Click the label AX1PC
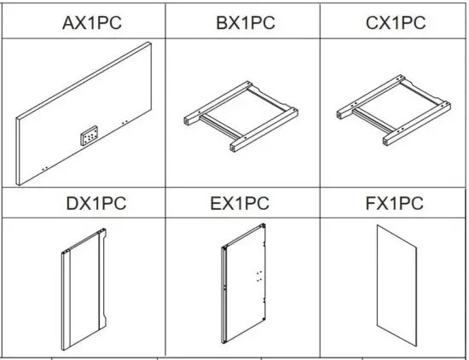coord(92,22)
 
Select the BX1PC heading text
coord(246,22)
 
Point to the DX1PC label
coord(95,204)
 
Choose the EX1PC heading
coord(240,204)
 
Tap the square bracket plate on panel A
coord(89,135)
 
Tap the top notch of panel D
coord(102,232)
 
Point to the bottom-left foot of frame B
coord(232,148)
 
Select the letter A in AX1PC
coord(69,22)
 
